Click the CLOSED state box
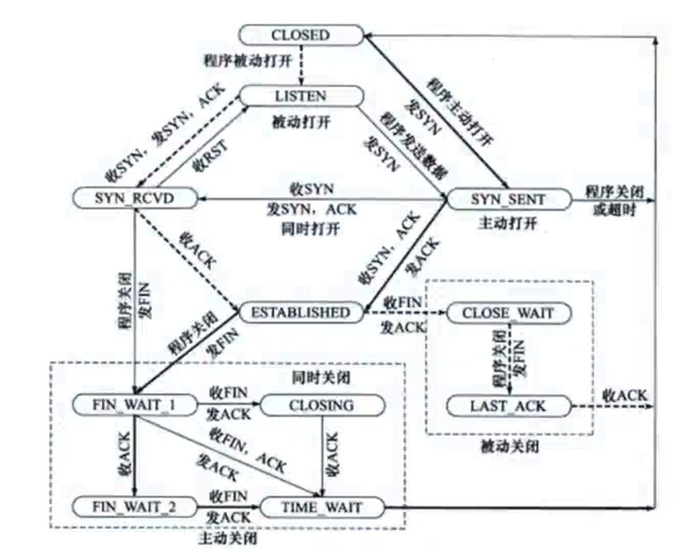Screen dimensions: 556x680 pyautogui.click(x=300, y=35)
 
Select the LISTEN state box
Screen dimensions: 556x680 pyautogui.click(x=300, y=97)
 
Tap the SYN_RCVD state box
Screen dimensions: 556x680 pyautogui.click(x=135, y=198)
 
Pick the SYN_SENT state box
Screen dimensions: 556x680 pyautogui.click(x=507, y=199)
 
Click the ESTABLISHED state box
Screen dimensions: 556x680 pyautogui.click(x=300, y=313)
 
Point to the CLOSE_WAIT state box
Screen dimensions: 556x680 pyautogui.click(x=507, y=313)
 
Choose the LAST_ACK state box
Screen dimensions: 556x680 pyautogui.click(x=507, y=405)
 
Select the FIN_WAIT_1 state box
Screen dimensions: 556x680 pyautogui.click(x=134, y=405)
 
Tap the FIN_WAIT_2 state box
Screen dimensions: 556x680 pyautogui.click(x=134, y=507)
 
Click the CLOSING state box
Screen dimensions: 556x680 pyautogui.click(x=322, y=405)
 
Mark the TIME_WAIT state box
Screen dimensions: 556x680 pyautogui.click(x=322, y=507)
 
